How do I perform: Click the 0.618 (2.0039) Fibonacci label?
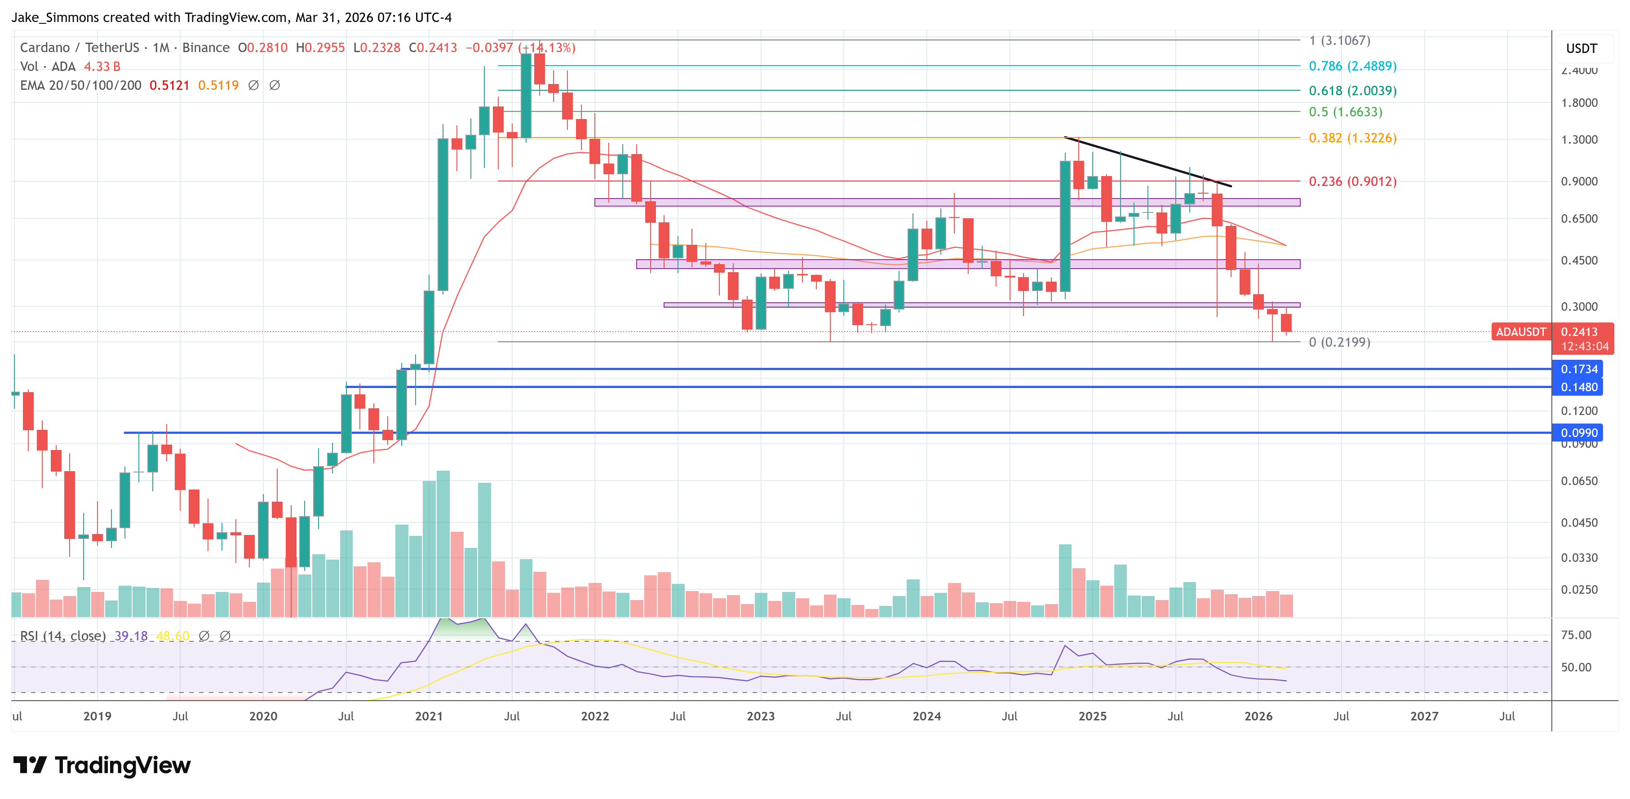(1352, 90)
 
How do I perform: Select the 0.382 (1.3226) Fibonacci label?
(1352, 138)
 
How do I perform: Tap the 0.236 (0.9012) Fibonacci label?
(1352, 181)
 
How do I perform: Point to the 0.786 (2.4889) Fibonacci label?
(1352, 66)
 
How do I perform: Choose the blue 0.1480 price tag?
(1578, 387)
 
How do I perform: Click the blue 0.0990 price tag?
(1578, 433)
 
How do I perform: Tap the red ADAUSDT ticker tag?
(1520, 332)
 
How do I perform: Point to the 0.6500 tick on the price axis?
(1579, 219)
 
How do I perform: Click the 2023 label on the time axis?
(761, 716)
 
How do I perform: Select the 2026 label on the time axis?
(1258, 716)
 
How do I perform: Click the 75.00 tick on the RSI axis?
(1576, 635)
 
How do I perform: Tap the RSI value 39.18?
(131, 636)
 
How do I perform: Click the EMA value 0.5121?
(169, 85)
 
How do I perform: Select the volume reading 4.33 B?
(102, 66)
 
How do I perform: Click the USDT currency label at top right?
(1581, 49)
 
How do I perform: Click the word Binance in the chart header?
(206, 48)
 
